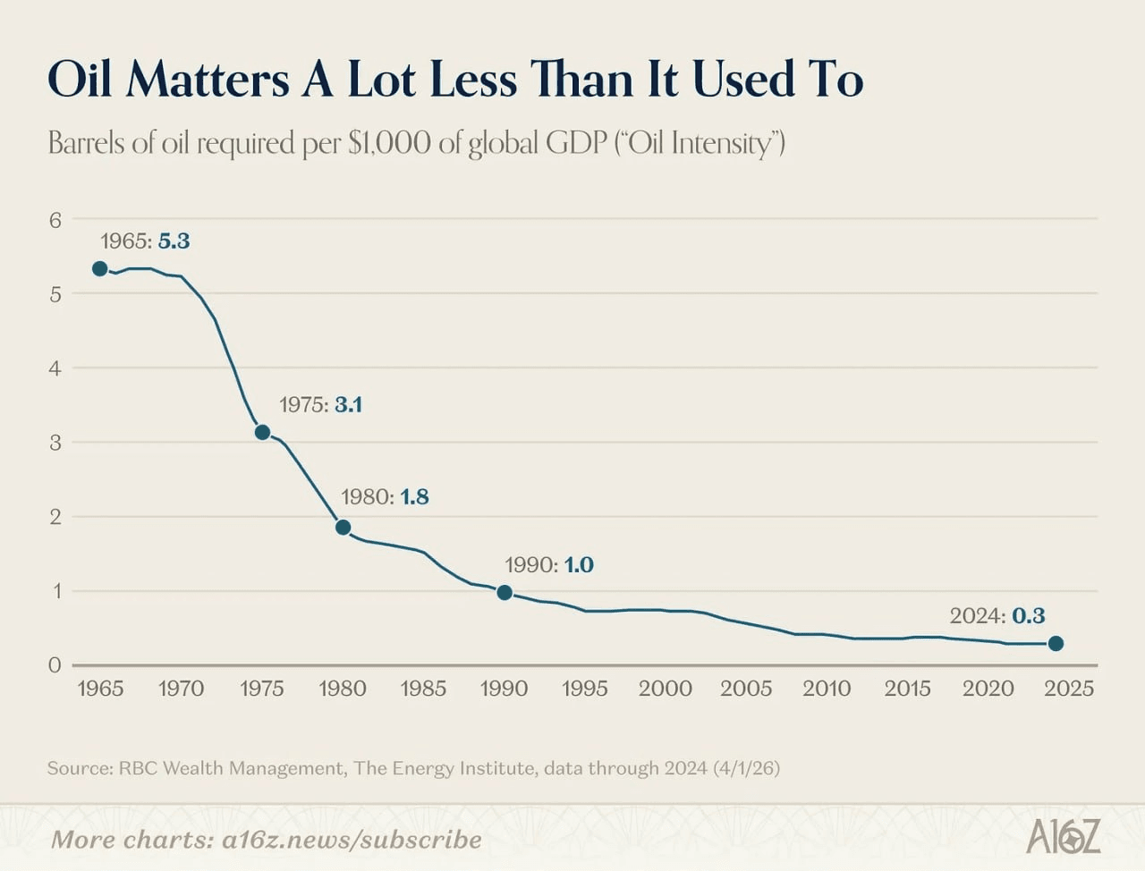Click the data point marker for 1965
(100, 268)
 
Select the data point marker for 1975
(262, 432)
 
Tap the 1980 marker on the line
(343, 527)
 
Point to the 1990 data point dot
(505, 592)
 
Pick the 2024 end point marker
(1056, 643)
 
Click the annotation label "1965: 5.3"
(145, 241)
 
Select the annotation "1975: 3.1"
(320, 405)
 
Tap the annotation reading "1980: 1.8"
(385, 497)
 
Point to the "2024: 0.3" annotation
(997, 616)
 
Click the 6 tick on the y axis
(55, 220)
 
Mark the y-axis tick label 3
(55, 443)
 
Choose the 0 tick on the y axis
(55, 665)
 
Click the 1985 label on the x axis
(423, 689)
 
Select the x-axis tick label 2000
(665, 689)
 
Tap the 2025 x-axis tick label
(1069, 689)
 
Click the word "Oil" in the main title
(80, 79)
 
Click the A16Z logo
(1063, 837)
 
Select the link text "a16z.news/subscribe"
(352, 840)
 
